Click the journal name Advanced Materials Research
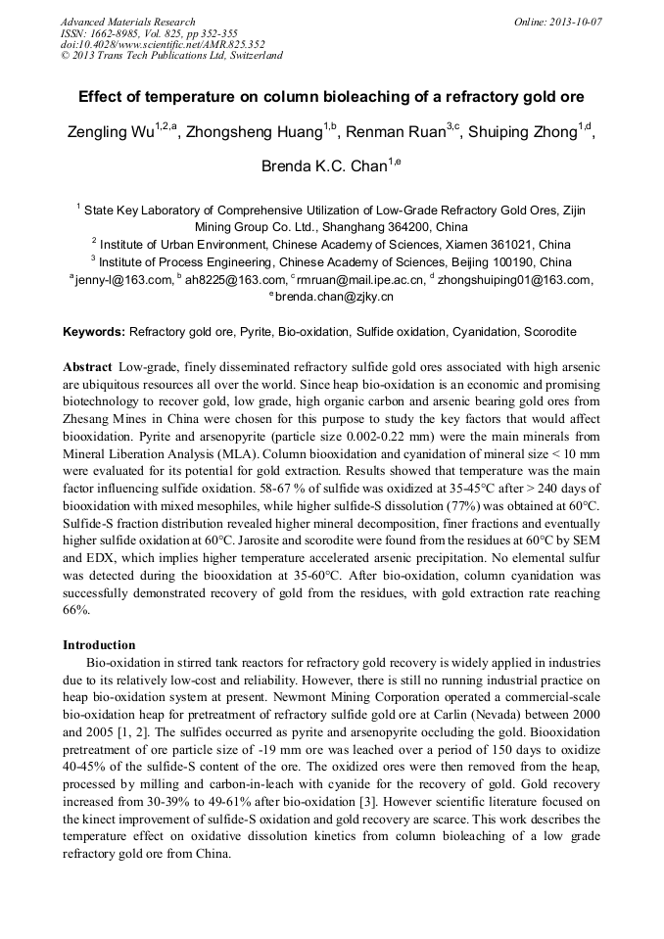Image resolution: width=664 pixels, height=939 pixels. [x=127, y=22]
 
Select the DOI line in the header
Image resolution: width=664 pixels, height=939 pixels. [x=163, y=44]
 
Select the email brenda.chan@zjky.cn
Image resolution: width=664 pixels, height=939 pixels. [x=334, y=297]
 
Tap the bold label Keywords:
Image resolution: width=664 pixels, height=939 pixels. [x=94, y=332]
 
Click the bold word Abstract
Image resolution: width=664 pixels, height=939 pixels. [x=87, y=366]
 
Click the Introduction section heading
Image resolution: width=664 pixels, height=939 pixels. [x=99, y=645]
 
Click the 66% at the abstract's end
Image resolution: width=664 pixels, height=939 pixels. [x=76, y=610]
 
